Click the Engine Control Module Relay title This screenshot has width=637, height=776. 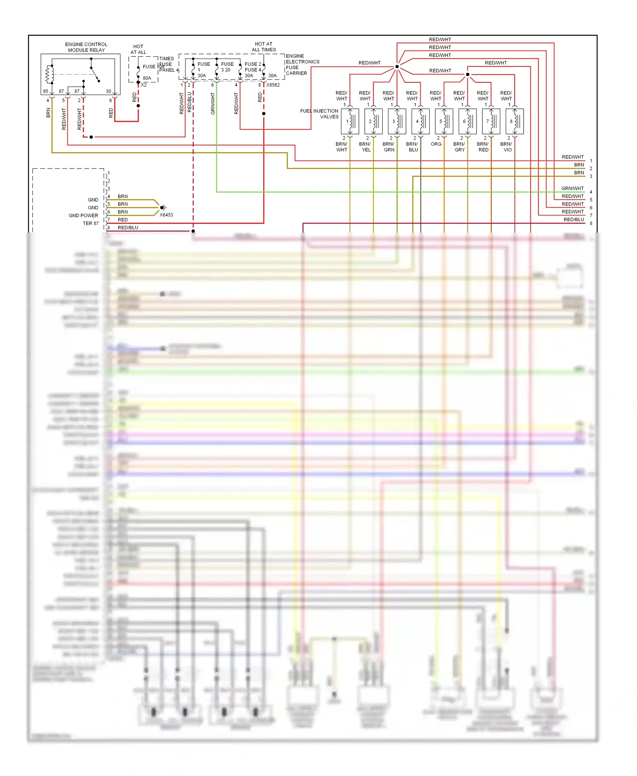(86, 47)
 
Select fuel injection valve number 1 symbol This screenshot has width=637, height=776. (350, 121)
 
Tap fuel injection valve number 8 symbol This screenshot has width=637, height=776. (514, 121)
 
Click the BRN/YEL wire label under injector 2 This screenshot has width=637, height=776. (365, 147)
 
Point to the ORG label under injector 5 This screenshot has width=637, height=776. (436, 144)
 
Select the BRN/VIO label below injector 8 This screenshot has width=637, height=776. (507, 147)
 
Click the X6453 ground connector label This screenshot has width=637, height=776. (166, 215)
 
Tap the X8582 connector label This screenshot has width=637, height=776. (273, 85)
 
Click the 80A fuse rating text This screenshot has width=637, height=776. (147, 78)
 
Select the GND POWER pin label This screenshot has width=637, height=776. (83, 216)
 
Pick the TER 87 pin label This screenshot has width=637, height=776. (90, 223)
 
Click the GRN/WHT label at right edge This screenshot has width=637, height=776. (572, 188)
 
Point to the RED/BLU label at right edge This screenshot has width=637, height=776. (573, 219)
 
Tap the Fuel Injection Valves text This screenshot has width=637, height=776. (319, 114)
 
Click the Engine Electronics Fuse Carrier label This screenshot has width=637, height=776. (302, 65)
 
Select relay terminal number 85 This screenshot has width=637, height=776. (45, 91)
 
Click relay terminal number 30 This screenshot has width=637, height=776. (108, 91)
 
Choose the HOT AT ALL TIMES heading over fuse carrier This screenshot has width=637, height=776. (264, 47)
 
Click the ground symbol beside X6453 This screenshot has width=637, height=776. (163, 208)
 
